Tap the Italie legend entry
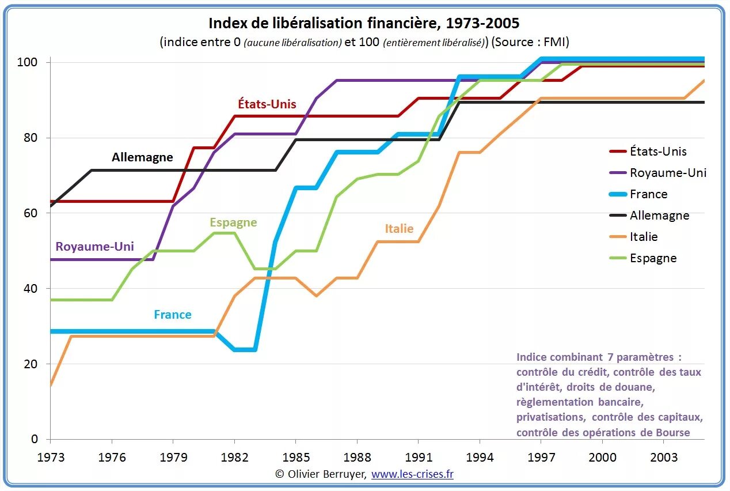pyautogui.click(x=644, y=237)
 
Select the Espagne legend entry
pyautogui.click(x=653, y=258)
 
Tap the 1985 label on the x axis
pyautogui.click(x=295, y=457)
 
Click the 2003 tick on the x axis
pyautogui.click(x=663, y=457)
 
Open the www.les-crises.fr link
pyautogui.click(x=412, y=474)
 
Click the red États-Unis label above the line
pyautogui.click(x=267, y=104)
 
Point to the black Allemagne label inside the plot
pyautogui.click(x=142, y=157)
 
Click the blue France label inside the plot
pyautogui.click(x=173, y=315)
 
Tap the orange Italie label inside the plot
pyautogui.click(x=399, y=229)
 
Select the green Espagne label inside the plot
pyautogui.click(x=233, y=222)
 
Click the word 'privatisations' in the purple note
pyautogui.click(x=550, y=417)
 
